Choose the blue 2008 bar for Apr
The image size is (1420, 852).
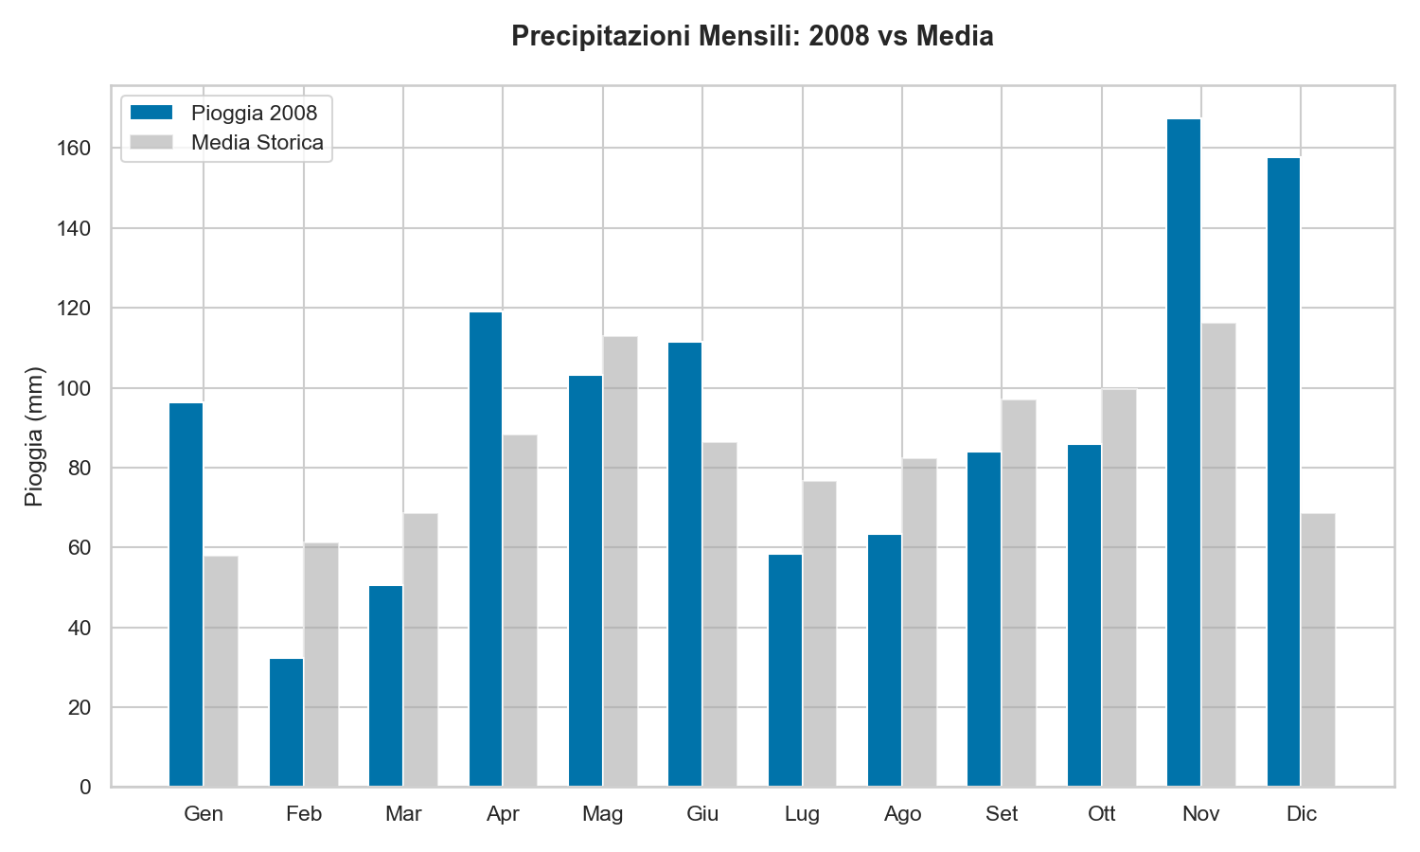[x=486, y=549]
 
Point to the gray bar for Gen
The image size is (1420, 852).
[x=221, y=671]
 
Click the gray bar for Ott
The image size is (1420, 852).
[x=1119, y=588]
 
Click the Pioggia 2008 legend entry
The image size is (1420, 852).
[x=254, y=113]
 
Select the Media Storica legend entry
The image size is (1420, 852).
[x=257, y=143]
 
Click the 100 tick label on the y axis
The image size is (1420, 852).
[x=78, y=388]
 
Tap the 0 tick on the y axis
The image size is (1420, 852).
[x=86, y=787]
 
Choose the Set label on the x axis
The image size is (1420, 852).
[x=1002, y=814]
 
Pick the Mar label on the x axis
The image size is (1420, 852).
[x=403, y=814]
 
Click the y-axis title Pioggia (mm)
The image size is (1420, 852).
[x=34, y=436]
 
